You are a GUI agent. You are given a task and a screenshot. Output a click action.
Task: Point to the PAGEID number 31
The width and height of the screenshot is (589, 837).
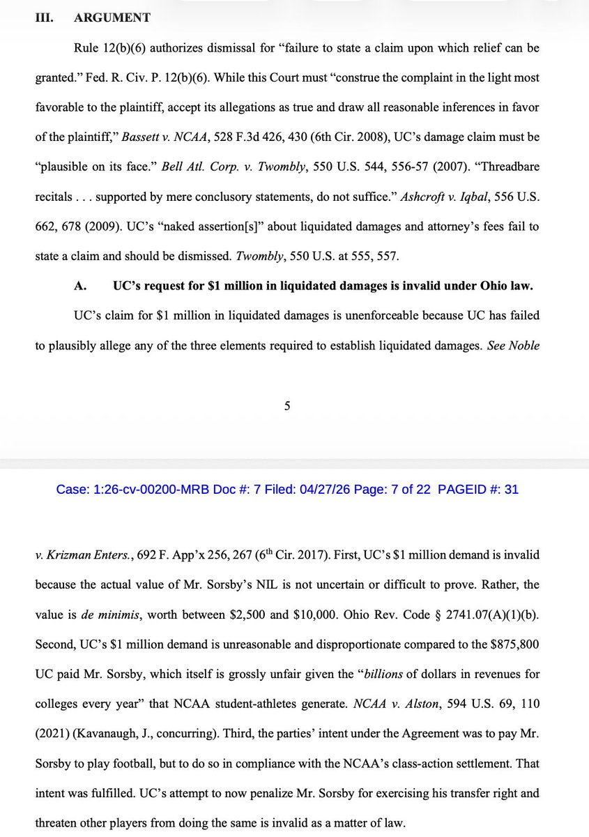pos(511,490)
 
